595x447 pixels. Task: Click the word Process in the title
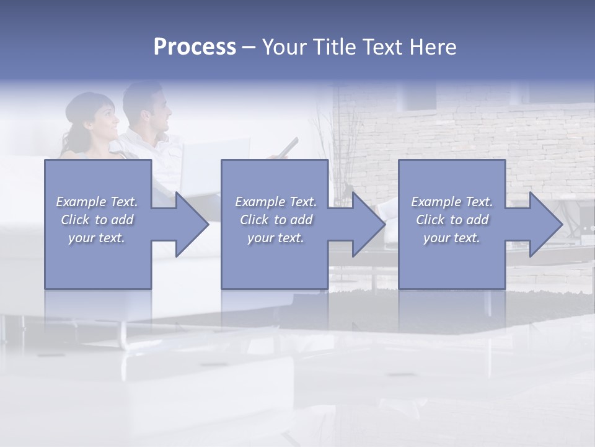[x=195, y=47]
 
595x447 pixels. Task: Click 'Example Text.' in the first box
[x=97, y=202]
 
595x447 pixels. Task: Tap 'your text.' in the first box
[x=97, y=238]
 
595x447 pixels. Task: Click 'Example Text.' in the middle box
[x=276, y=202]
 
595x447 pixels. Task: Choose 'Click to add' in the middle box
[x=276, y=220]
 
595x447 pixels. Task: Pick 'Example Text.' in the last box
[x=452, y=202]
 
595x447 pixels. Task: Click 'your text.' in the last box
[x=452, y=238]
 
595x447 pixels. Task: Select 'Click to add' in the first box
[x=97, y=220]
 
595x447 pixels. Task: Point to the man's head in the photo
[x=149, y=106]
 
